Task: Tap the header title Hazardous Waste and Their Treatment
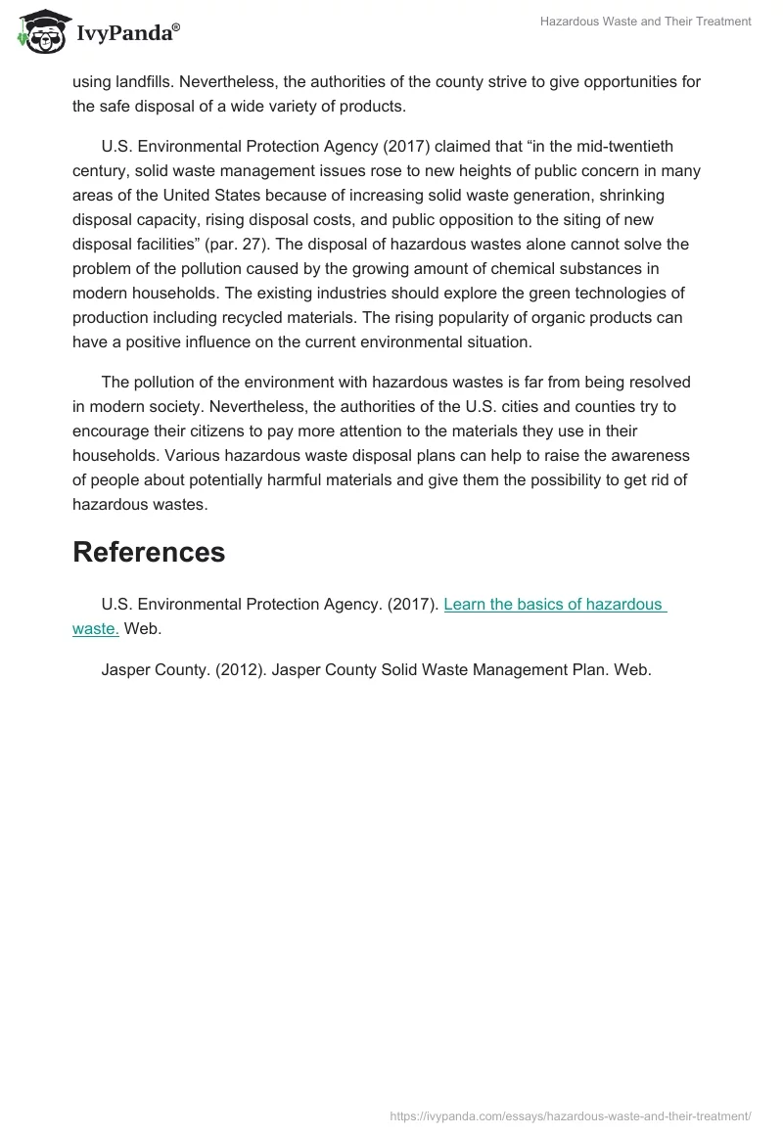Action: tap(645, 22)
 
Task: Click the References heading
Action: tap(149, 552)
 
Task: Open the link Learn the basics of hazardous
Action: tap(554, 605)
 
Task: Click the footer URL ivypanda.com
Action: tap(570, 1115)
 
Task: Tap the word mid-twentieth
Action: tap(627, 147)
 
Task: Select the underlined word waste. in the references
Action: tap(96, 629)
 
